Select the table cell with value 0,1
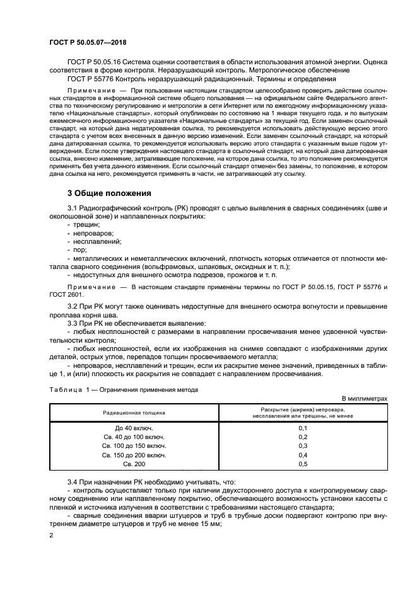(x=302, y=428)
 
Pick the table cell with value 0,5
(x=302, y=464)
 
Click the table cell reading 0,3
(x=302, y=445)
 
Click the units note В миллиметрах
(x=364, y=399)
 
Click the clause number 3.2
(x=73, y=306)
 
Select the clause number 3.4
(x=73, y=481)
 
